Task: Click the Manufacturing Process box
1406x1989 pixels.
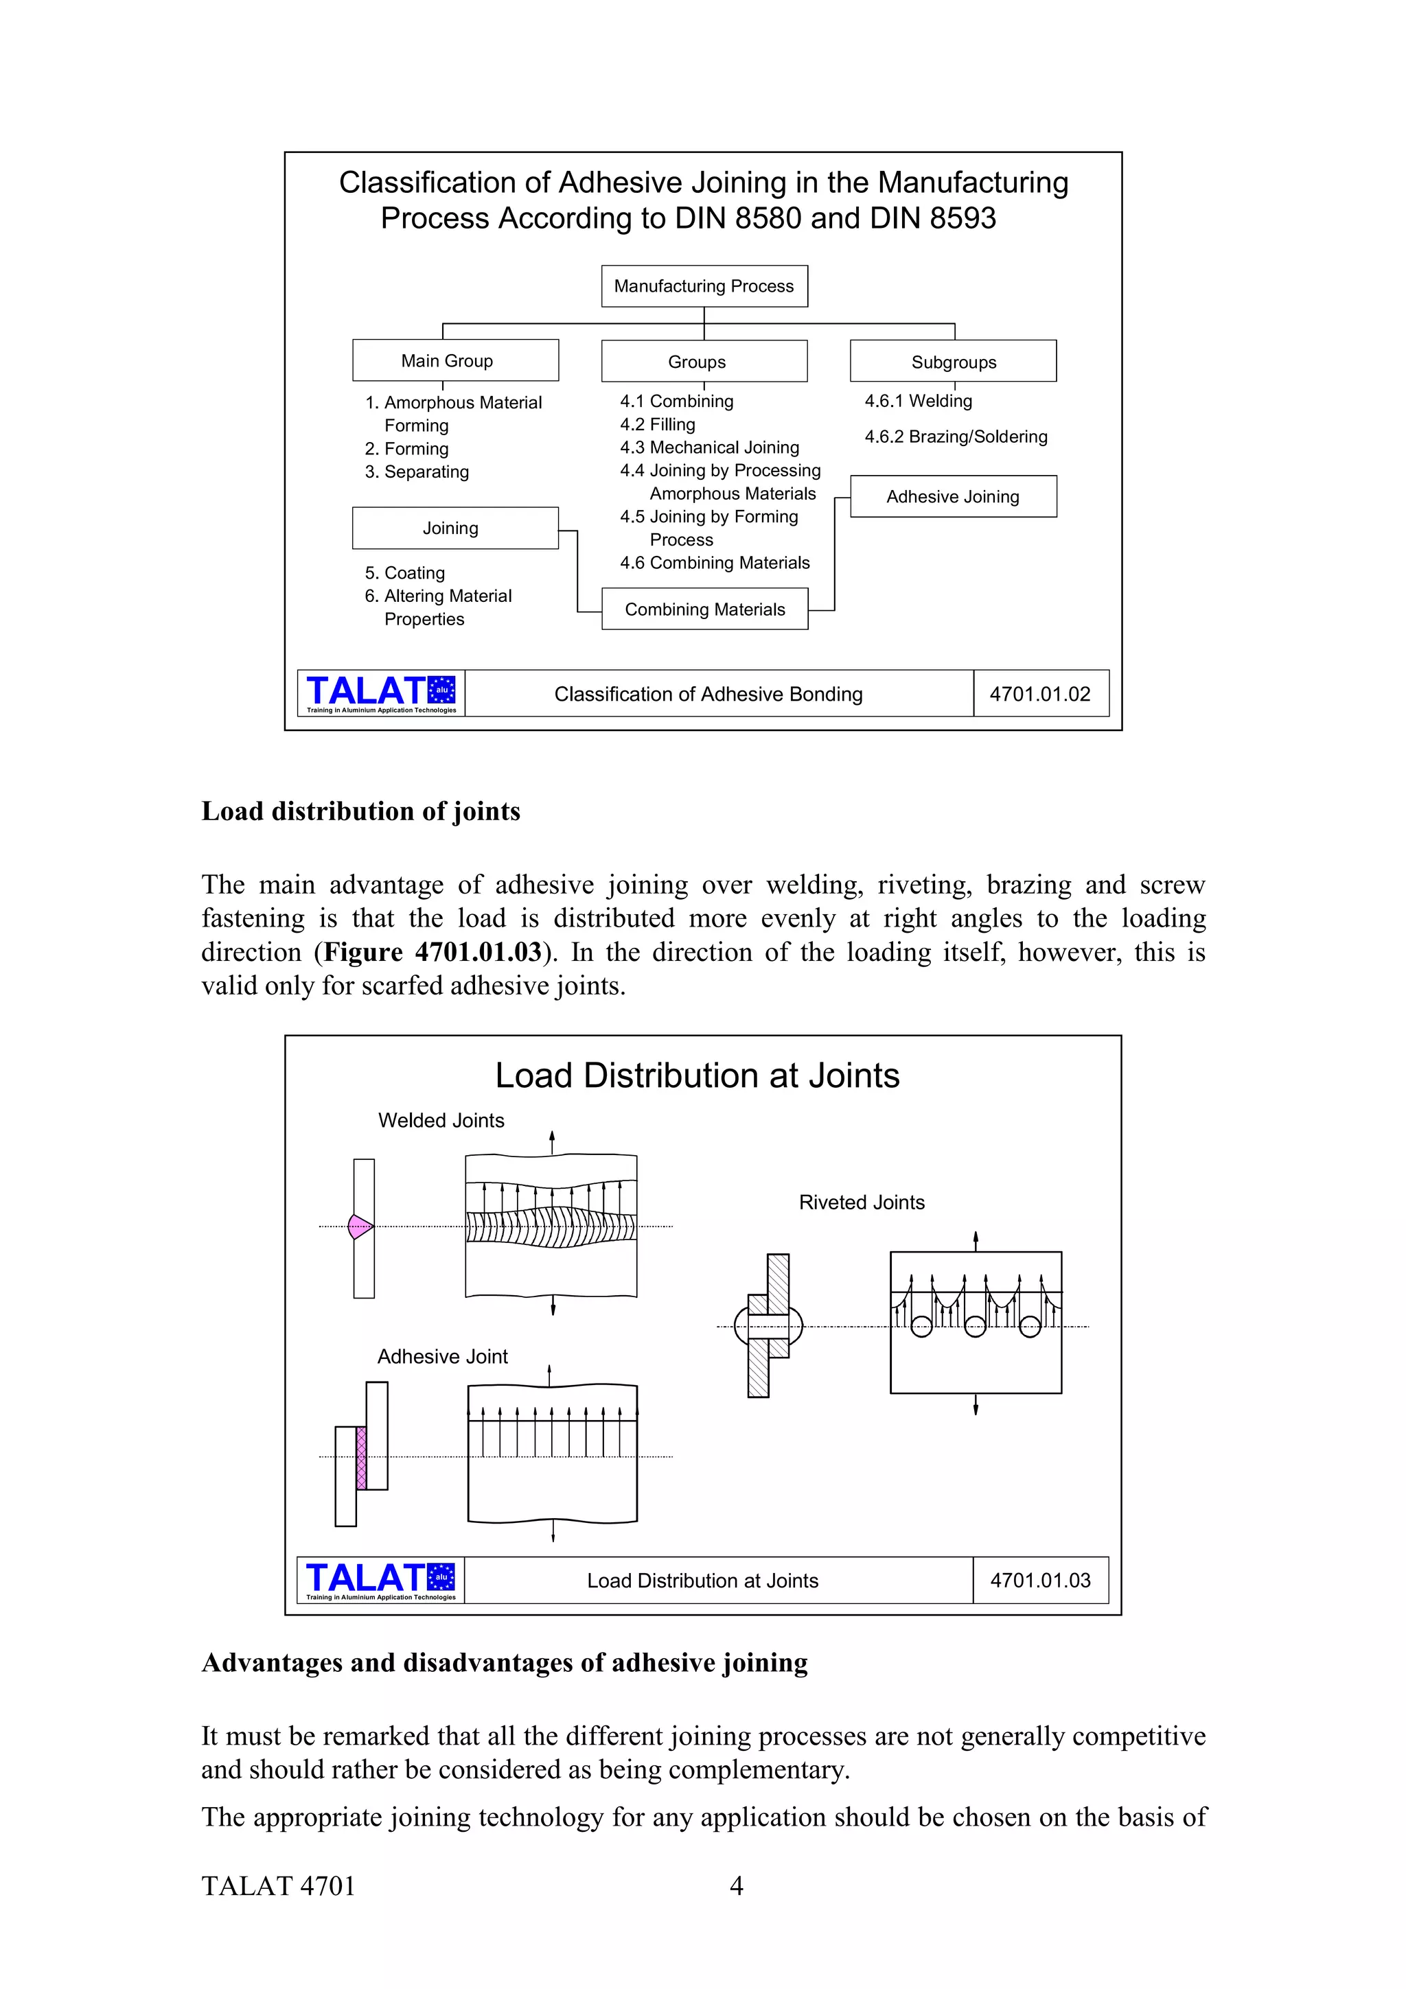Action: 704,286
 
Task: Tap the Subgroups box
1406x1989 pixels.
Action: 953,361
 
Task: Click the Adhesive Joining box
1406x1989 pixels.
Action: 953,496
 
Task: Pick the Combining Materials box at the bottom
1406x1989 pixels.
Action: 704,609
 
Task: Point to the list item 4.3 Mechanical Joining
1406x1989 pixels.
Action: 709,447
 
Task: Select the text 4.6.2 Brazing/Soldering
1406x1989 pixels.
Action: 956,437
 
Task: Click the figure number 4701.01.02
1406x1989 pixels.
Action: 1039,694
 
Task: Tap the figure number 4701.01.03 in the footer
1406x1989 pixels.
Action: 1039,1580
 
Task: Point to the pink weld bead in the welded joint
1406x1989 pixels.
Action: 358,1226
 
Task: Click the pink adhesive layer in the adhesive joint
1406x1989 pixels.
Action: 361,1458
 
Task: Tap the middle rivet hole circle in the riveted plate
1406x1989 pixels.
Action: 976,1326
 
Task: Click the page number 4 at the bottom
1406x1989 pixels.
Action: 737,1886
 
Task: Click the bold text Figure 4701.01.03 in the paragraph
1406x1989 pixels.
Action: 433,952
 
